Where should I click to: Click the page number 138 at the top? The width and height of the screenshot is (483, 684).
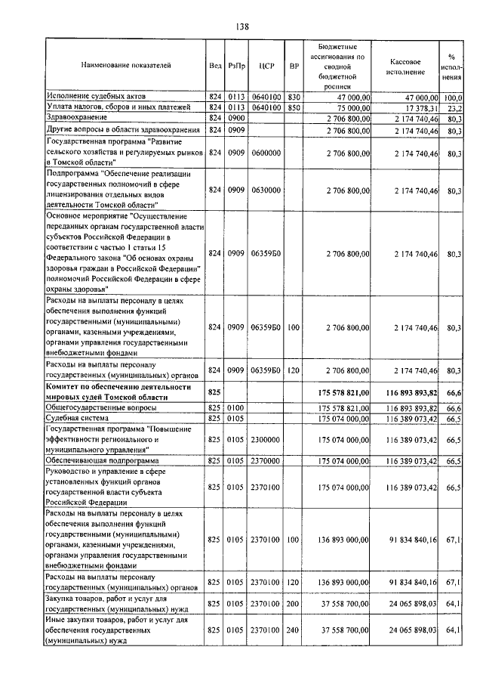tap(241, 26)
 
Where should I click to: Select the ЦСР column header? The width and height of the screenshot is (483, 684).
tap(265, 66)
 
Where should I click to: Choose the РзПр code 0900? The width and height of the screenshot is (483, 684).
tap(236, 119)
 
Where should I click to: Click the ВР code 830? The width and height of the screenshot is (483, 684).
tap(294, 97)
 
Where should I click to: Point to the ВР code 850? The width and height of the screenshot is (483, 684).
tap(294, 108)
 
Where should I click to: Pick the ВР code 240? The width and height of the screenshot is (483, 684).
tap(294, 630)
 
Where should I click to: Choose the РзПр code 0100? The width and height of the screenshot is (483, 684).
tap(236, 407)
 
